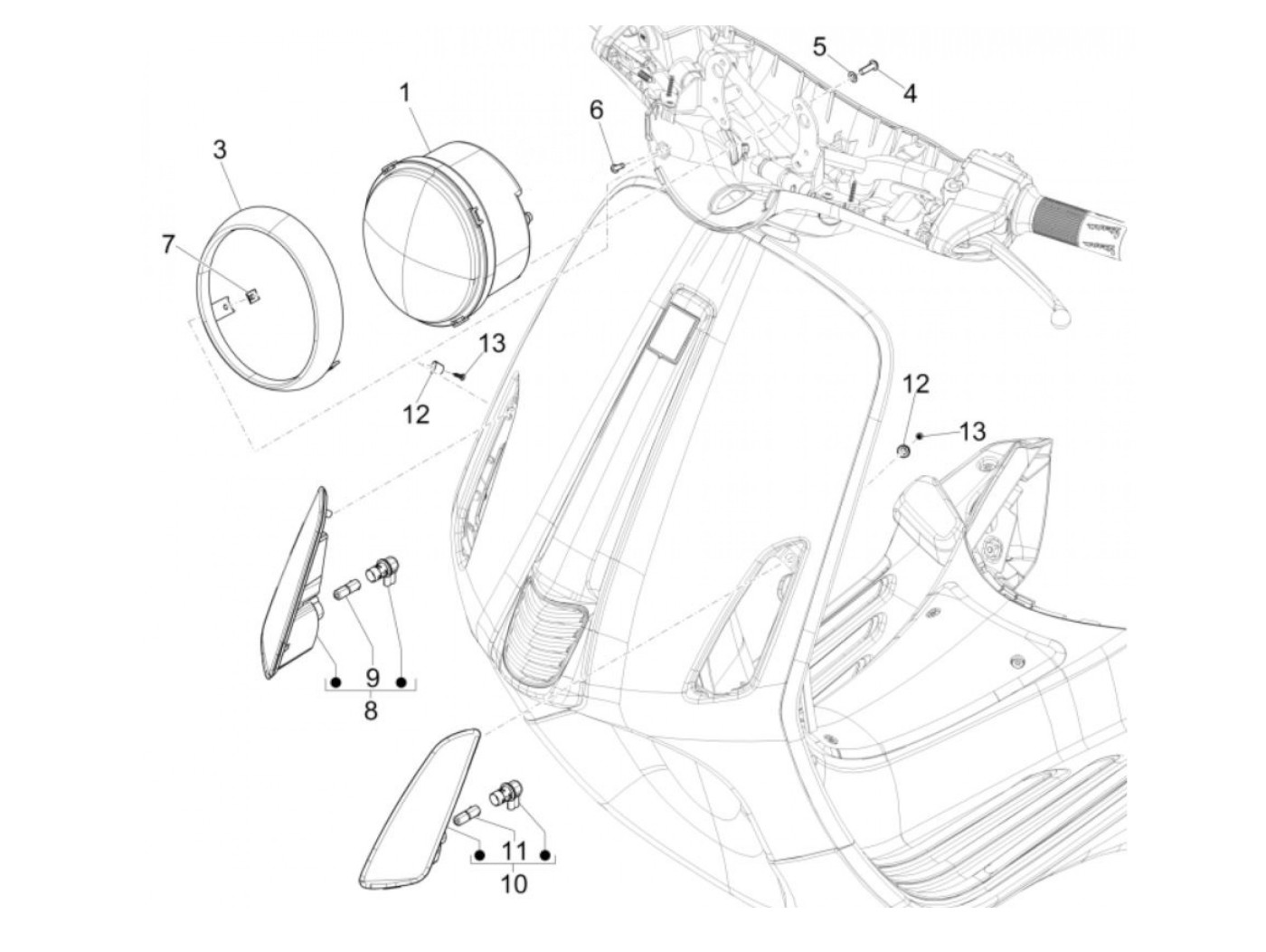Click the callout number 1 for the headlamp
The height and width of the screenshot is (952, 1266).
(405, 93)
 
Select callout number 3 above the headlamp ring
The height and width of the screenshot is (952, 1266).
(221, 150)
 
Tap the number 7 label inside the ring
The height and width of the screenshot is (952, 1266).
(166, 245)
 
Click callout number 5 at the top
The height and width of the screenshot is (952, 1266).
(819, 46)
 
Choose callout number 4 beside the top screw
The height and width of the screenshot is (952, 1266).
(909, 93)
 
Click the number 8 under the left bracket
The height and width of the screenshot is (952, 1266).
(371, 711)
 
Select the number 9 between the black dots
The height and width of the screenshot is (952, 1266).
(371, 678)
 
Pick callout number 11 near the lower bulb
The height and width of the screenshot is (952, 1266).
(513, 851)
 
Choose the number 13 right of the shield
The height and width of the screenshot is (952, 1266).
(971, 432)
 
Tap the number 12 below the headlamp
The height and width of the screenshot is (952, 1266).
(416, 414)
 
